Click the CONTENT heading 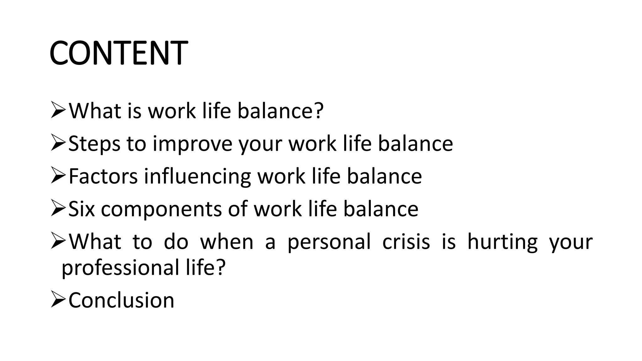(118, 53)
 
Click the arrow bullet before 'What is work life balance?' (58, 111)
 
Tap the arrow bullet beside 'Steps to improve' (58, 144)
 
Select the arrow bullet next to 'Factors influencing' (58, 176)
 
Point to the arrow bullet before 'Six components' (58, 209)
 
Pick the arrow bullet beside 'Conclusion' (58, 300)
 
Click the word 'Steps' (94, 144)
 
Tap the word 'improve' (192, 144)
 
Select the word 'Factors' (103, 176)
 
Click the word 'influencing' (197, 177)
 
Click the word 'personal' (329, 242)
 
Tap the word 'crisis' (406, 242)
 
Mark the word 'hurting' (503, 242)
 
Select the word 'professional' (120, 268)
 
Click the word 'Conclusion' (121, 301)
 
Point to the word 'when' (227, 242)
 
